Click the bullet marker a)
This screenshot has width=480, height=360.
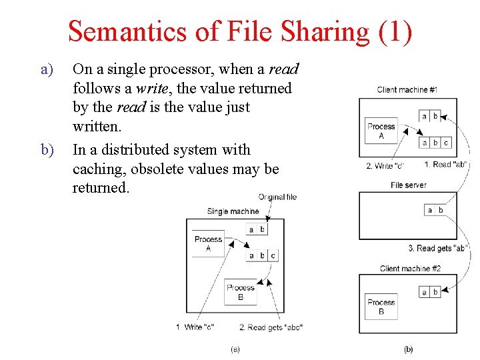(x=47, y=69)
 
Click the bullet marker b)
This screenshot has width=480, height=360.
(x=47, y=149)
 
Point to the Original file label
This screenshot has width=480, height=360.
(x=277, y=197)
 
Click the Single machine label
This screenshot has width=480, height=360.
(x=233, y=211)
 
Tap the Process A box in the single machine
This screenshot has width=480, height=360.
(x=209, y=243)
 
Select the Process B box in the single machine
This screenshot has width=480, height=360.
(x=241, y=292)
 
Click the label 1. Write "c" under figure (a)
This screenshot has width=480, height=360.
(x=195, y=327)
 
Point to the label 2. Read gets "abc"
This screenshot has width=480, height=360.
(x=271, y=327)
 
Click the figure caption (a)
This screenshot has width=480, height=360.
(x=235, y=348)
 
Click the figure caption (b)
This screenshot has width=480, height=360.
(x=408, y=348)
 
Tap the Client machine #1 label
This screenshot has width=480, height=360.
(x=407, y=89)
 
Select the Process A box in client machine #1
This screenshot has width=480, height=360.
(x=381, y=131)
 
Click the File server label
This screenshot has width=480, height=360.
(x=409, y=185)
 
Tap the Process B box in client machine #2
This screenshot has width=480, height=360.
(x=381, y=307)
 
